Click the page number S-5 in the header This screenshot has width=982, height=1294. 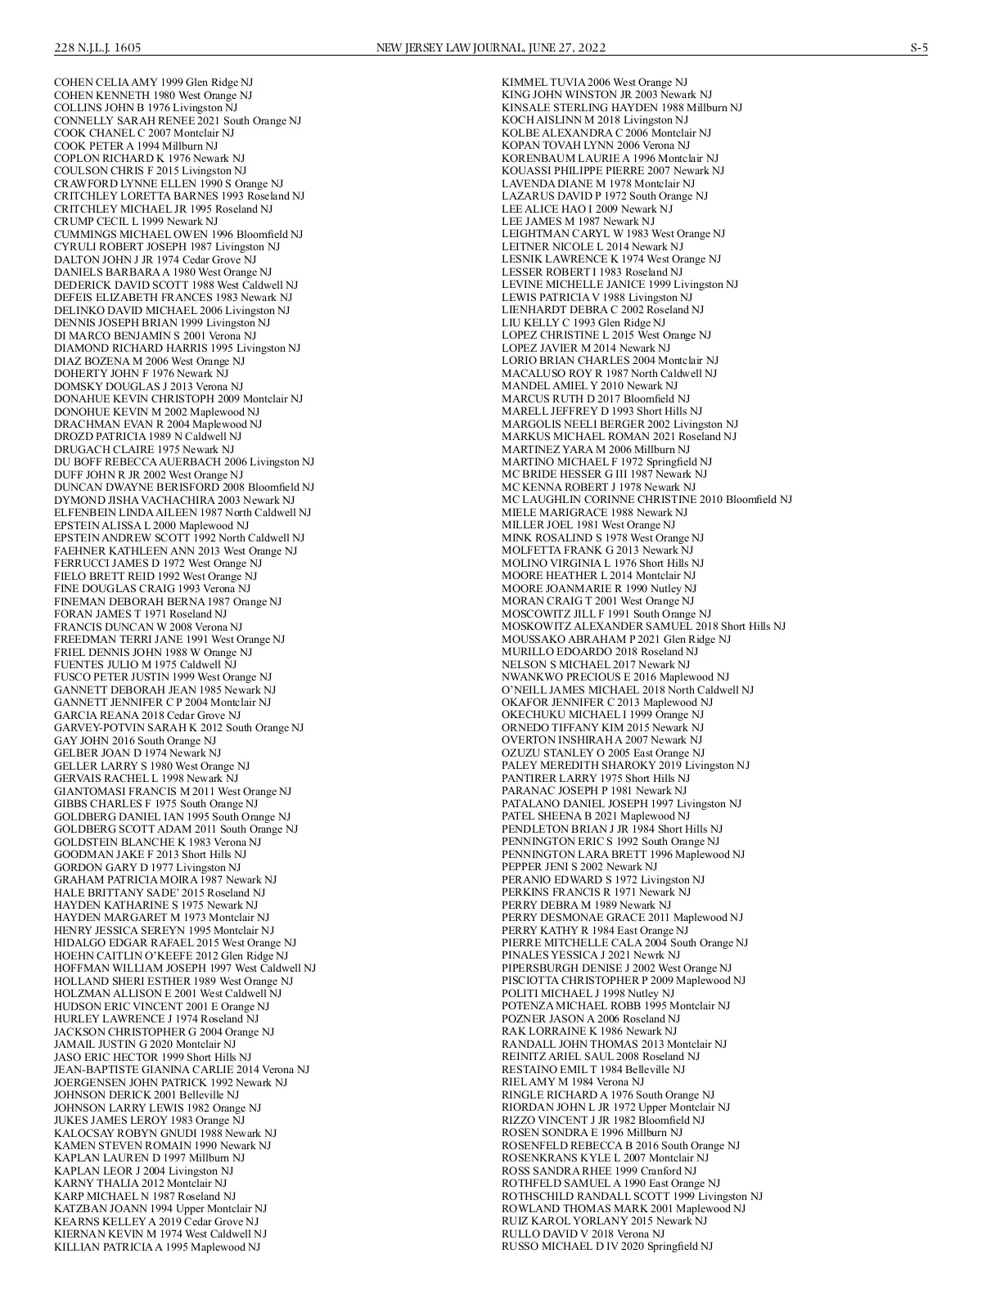coord(919,47)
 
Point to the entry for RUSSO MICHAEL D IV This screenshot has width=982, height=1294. coord(606,1246)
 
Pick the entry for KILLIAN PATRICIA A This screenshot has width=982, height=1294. coord(156,1247)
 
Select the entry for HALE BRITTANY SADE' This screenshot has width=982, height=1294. coord(160,892)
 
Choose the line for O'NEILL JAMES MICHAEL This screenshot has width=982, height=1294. coord(627,690)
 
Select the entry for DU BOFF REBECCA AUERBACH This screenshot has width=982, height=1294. coord(183,461)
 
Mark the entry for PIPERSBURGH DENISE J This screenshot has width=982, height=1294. coord(616,968)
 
